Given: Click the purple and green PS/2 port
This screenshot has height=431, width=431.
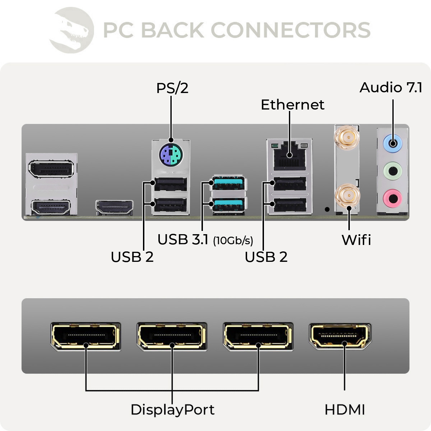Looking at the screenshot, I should click(x=171, y=155).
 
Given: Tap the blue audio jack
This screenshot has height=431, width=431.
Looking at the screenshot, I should click(x=393, y=144).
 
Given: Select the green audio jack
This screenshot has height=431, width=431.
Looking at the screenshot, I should click(x=393, y=171).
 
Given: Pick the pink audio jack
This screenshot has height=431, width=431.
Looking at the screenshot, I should click(x=393, y=198).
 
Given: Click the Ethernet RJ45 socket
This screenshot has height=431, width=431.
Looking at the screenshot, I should click(x=289, y=157).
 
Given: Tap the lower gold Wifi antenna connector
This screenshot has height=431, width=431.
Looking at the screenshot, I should click(x=347, y=196).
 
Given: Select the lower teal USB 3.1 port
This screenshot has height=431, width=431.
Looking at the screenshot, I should click(x=228, y=205).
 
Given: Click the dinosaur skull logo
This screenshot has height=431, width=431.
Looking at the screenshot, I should click(x=72, y=30).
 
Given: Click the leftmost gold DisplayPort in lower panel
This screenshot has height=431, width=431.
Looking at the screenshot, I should click(x=85, y=336).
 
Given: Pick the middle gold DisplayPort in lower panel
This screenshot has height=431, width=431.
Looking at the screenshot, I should click(x=172, y=336).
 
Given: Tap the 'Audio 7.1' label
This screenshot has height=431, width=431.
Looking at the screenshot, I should click(x=391, y=88).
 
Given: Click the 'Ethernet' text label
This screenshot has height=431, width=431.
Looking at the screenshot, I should click(x=292, y=105).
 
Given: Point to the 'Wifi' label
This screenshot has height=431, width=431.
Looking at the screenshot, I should click(x=356, y=240).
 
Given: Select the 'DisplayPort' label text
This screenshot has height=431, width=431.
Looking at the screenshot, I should click(x=172, y=410).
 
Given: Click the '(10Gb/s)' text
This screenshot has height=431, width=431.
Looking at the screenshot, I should click(x=233, y=241).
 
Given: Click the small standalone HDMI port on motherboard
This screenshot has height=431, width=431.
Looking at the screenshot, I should click(x=114, y=208).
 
